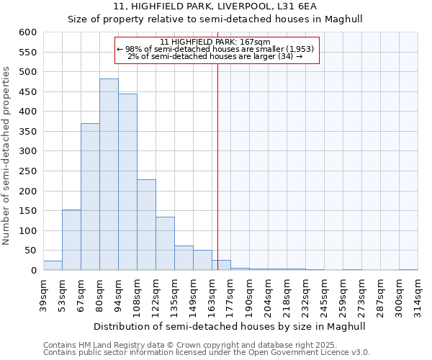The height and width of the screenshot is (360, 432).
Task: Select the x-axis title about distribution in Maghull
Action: point(230,326)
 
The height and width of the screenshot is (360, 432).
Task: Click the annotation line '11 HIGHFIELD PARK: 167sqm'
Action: point(215,42)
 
